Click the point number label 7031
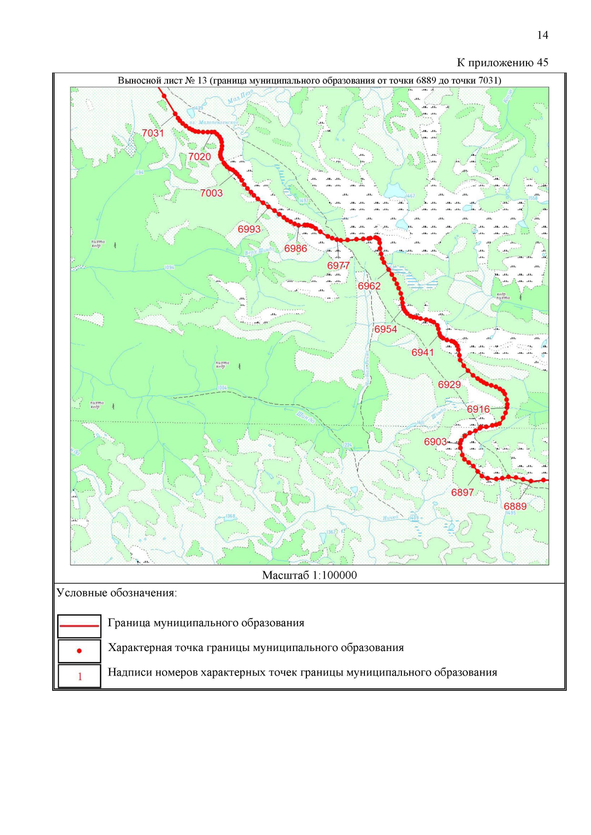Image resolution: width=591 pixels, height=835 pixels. point(153,133)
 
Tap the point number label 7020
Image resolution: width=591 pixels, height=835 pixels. point(199,157)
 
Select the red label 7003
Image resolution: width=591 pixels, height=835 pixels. point(211,193)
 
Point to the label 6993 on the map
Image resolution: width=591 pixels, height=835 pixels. point(249,229)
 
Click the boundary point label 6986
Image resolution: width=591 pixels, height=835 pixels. point(295,249)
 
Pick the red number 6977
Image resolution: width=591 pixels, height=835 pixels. point(338,266)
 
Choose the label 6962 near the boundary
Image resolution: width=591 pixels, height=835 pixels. point(369,286)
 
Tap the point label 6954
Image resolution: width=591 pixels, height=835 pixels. point(386,330)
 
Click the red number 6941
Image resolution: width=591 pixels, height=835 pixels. point(423,353)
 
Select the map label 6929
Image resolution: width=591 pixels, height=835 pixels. point(450,385)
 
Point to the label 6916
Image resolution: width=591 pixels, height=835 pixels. point(479,409)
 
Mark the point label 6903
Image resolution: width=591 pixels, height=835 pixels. point(435,442)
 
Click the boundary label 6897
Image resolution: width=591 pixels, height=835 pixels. point(462,493)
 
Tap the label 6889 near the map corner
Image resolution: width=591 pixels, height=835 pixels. point(515,507)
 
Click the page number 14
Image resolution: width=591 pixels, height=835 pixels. point(542,35)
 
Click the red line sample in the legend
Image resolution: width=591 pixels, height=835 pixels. point(79,626)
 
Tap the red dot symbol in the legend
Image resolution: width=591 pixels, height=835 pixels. point(79,651)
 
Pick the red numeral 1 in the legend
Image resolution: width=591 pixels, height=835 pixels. point(80,677)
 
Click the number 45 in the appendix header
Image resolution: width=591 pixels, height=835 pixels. point(542,62)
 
